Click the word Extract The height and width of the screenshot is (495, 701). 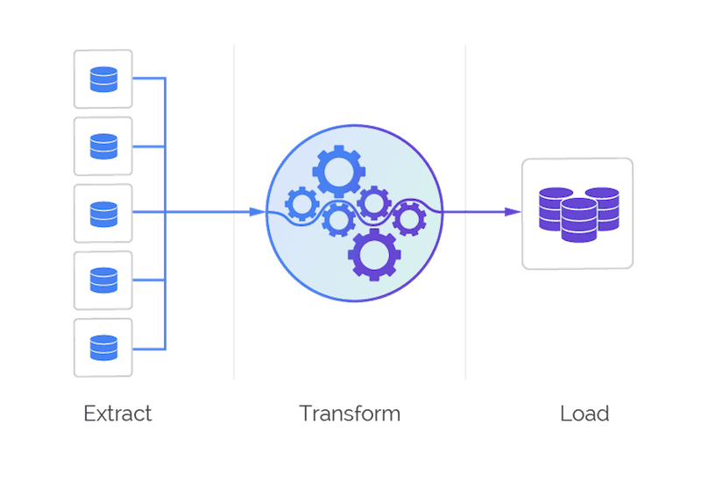tap(117, 414)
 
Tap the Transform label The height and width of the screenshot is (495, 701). tap(350, 414)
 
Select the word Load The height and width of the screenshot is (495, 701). tap(584, 414)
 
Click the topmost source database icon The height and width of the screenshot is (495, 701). tap(103, 79)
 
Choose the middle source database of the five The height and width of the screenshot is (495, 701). tap(103, 213)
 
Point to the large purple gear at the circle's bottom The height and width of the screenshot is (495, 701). tap(374, 255)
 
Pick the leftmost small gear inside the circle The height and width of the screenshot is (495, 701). tap(302, 206)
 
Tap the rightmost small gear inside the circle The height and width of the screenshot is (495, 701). tap(408, 217)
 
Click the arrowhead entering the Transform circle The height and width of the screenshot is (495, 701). tap(255, 213)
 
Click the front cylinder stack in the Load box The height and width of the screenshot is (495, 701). tap(578, 221)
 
